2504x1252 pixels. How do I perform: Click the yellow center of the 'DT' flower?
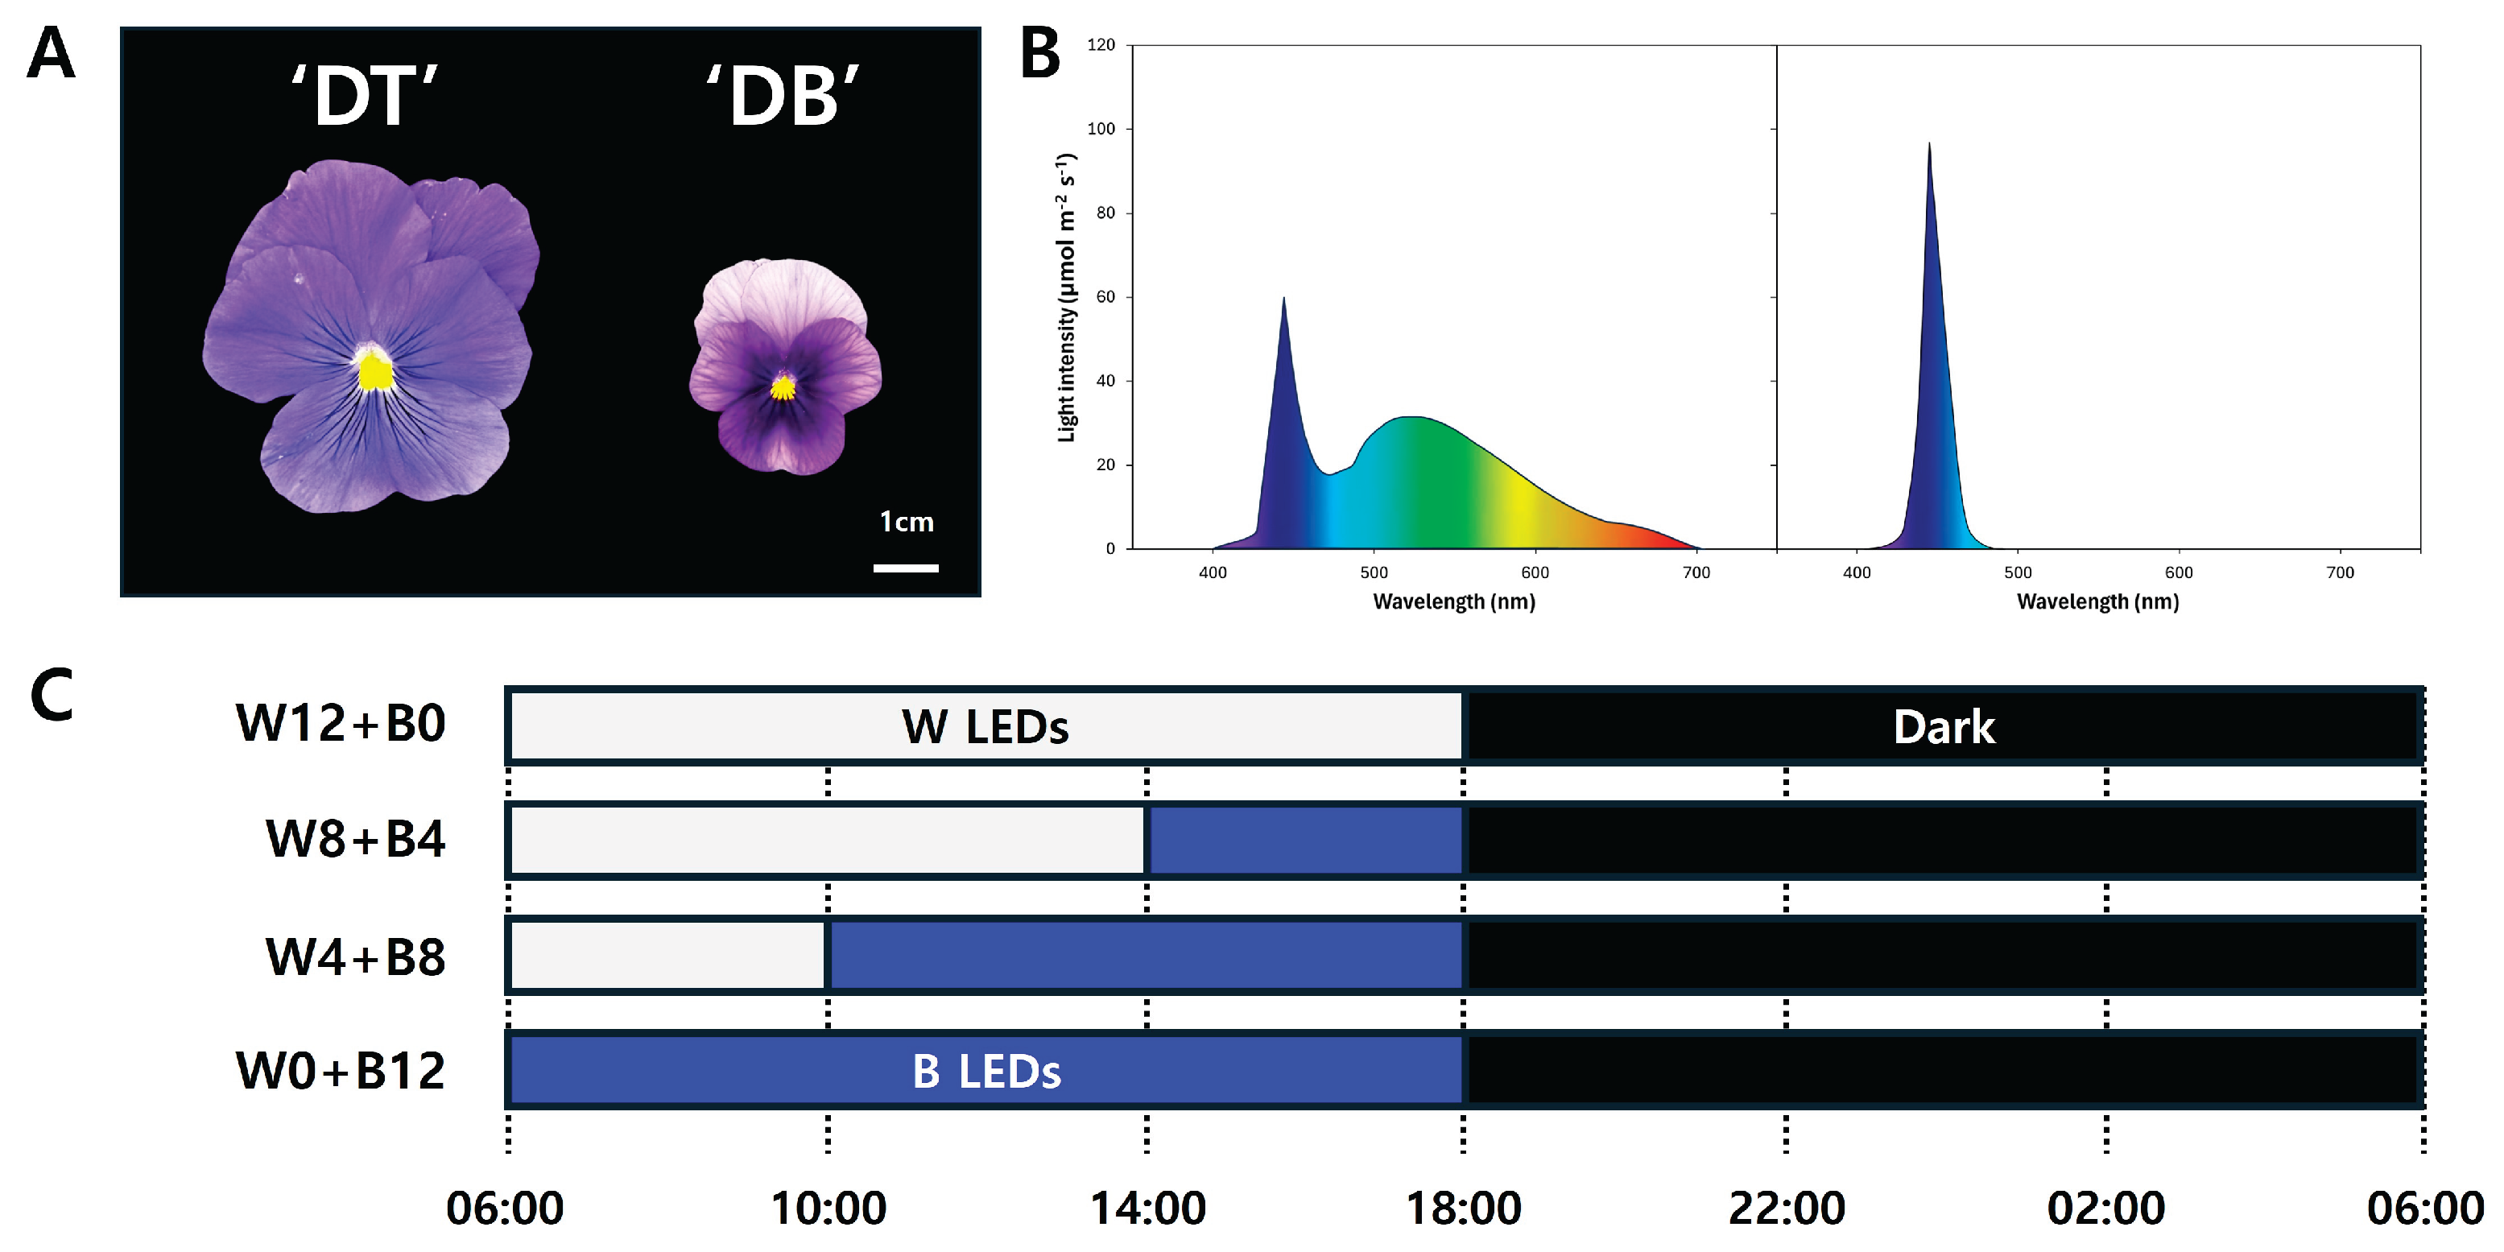[x=374, y=371]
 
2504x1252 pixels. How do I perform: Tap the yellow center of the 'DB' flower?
[x=783, y=389]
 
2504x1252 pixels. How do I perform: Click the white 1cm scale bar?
[x=905, y=568]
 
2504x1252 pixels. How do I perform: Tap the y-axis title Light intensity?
[x=1066, y=296]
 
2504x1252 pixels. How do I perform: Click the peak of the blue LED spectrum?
[x=1928, y=146]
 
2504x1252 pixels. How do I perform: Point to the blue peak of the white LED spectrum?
[x=1283, y=300]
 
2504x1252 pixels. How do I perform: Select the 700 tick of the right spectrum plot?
[x=2340, y=572]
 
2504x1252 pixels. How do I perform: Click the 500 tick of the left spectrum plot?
[x=1374, y=572]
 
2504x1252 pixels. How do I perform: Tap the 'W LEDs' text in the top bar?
[x=985, y=727]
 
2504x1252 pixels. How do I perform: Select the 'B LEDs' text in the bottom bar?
[x=985, y=1071]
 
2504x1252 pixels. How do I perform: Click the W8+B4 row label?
[x=355, y=839]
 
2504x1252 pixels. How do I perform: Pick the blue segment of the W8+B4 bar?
[x=1305, y=840]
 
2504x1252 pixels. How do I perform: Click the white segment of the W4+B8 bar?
[x=667, y=956]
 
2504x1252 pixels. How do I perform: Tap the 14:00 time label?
[x=1147, y=1209]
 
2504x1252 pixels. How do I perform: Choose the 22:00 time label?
[x=1786, y=1209]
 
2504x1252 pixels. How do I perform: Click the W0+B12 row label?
[x=341, y=1071]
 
